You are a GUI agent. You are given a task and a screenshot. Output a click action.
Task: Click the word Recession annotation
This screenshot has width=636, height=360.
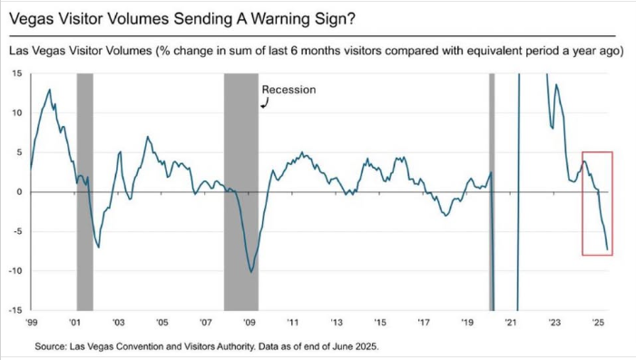[x=289, y=90]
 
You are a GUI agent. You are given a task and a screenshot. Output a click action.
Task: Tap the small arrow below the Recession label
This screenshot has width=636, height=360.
[x=265, y=104]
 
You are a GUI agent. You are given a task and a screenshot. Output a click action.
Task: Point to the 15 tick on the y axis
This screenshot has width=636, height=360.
[x=17, y=73]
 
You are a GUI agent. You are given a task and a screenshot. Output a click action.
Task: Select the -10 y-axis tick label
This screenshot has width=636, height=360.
[x=15, y=271]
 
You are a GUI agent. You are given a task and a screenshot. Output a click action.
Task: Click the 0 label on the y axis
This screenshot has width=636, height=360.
[x=19, y=192]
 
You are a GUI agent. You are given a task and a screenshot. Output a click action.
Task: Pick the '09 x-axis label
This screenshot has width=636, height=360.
[x=249, y=323]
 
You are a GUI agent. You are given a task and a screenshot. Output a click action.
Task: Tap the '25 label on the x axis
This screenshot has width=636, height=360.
[x=598, y=323]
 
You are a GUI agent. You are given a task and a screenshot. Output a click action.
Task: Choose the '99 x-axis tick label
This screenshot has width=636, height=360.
[x=31, y=323]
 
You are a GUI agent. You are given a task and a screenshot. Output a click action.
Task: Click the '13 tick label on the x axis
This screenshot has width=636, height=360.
[x=337, y=323]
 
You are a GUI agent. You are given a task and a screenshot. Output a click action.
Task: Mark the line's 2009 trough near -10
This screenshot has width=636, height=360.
[x=251, y=272]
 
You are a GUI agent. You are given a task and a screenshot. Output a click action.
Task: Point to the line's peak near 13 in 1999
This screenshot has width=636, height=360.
[x=50, y=90]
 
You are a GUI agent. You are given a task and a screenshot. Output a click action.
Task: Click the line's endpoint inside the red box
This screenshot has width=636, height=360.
[x=607, y=249]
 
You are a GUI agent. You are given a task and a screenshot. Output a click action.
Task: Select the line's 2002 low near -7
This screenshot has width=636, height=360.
[x=99, y=248]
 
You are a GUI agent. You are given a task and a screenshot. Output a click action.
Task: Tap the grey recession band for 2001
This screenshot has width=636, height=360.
[x=84, y=191]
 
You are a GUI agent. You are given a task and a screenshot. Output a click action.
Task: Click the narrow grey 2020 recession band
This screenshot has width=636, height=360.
[x=492, y=191]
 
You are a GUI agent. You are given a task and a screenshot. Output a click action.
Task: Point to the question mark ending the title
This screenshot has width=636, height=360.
[x=351, y=19]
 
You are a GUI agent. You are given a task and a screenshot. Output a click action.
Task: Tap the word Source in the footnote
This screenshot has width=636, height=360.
[x=50, y=346]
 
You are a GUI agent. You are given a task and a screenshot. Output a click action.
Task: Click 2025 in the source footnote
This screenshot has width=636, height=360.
[x=367, y=346]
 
